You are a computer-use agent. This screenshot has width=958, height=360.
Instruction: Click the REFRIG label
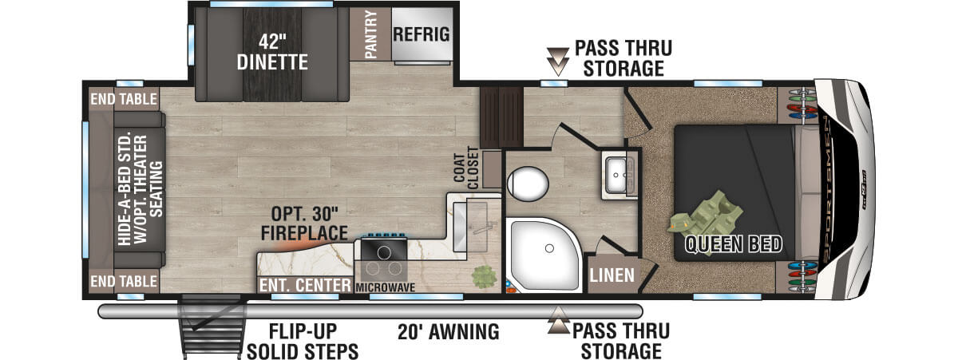tap(422, 34)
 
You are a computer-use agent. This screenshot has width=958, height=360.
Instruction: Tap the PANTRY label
tap(370, 34)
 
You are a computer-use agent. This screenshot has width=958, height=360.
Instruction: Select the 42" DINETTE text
tap(272, 52)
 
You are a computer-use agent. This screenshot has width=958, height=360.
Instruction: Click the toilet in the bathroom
tap(528, 184)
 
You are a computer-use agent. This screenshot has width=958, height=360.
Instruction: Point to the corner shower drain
tap(549, 248)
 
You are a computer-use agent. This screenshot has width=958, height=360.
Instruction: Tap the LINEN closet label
tap(612, 275)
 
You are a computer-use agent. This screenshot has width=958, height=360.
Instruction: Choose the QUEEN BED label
tap(733, 244)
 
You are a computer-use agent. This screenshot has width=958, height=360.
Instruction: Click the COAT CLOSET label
tap(465, 168)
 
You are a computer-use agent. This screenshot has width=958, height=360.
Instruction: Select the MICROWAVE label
tap(385, 287)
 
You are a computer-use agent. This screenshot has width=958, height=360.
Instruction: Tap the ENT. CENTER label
tap(305, 285)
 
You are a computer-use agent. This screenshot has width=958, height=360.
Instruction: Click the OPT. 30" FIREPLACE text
tap(304, 224)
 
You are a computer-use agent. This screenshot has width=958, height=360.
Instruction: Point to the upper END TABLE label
tap(124, 99)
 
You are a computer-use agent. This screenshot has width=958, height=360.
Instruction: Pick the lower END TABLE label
tap(124, 281)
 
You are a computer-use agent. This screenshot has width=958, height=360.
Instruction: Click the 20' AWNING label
tap(448, 332)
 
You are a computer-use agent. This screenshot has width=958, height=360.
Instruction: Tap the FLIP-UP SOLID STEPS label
tap(303, 342)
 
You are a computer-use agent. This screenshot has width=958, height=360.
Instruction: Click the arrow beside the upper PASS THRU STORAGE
tap(558, 62)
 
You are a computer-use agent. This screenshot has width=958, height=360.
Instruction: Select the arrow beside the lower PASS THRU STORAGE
tap(559, 320)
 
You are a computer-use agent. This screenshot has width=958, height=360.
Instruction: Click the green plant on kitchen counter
tap(484, 277)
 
